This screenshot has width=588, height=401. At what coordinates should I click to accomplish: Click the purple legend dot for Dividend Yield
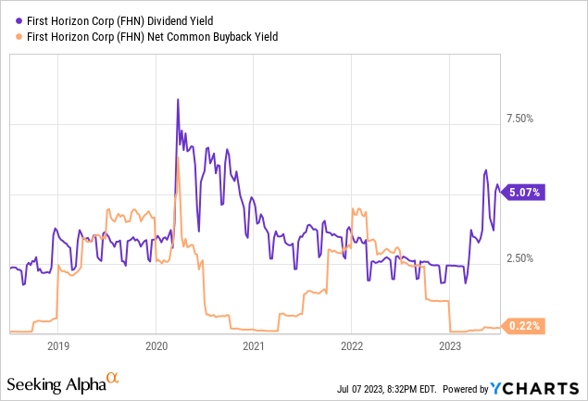point(19,19)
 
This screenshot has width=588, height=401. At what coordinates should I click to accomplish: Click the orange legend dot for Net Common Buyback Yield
point(19,36)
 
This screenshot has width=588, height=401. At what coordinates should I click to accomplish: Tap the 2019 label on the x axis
point(57,346)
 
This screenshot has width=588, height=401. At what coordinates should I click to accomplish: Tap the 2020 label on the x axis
point(156,346)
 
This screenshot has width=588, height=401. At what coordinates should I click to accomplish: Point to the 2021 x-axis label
point(254,346)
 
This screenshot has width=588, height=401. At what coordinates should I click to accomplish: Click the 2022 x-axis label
point(352,346)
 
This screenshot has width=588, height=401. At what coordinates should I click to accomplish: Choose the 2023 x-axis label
point(450,346)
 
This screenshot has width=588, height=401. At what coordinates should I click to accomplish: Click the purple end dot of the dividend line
point(501,192)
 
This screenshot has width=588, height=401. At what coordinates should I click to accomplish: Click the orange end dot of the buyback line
point(501,326)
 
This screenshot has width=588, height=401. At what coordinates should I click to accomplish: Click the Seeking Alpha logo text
point(54,383)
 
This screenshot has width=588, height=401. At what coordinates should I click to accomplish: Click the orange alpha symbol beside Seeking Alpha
point(112,378)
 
